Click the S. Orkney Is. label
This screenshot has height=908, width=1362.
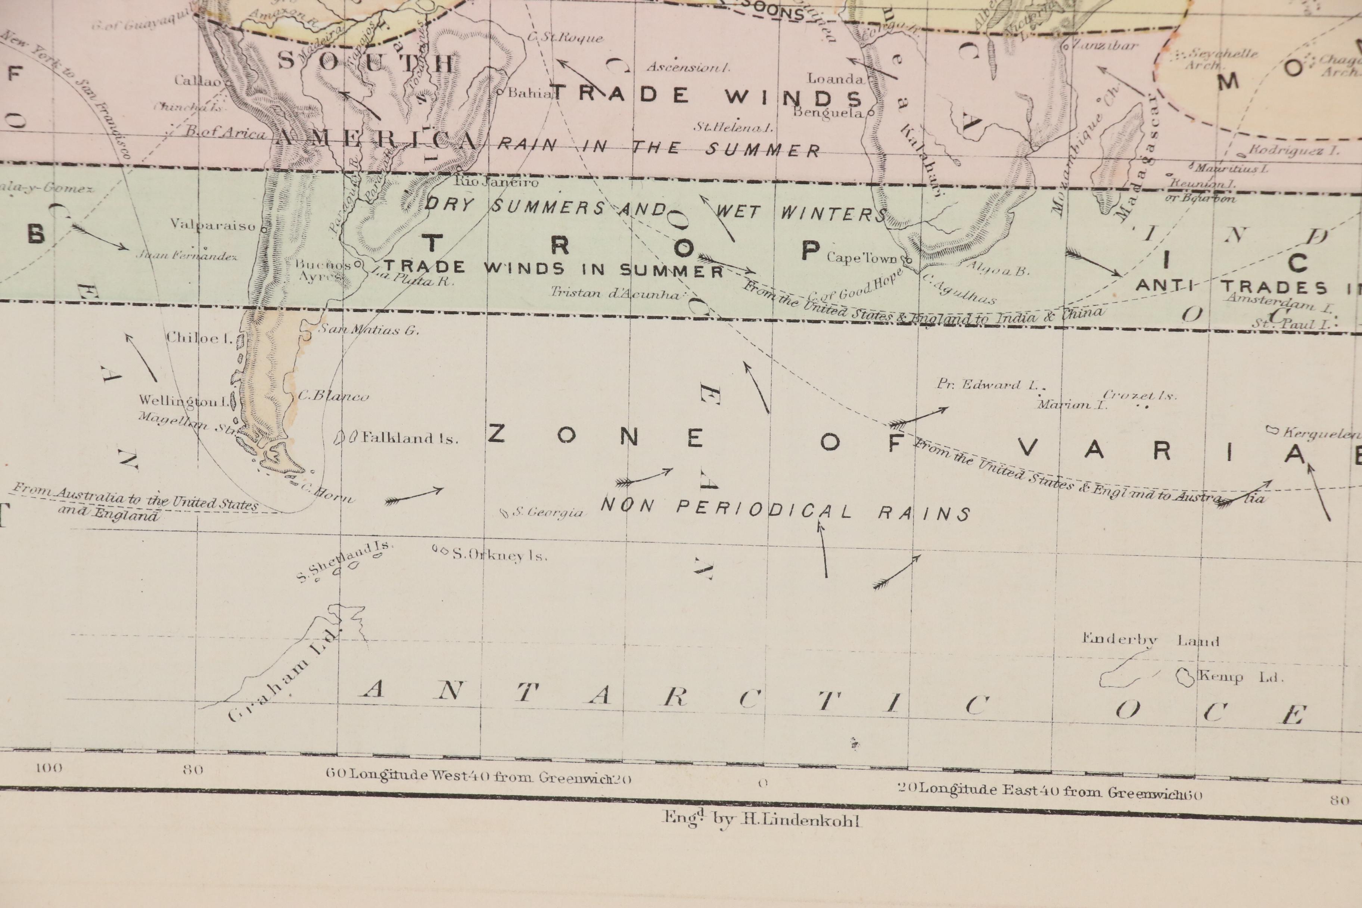pos(498,555)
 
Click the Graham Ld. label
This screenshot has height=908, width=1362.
pos(284,675)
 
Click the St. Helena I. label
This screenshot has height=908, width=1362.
pos(734,127)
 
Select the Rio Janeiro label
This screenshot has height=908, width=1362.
pos(496,181)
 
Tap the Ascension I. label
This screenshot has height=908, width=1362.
pos(687,67)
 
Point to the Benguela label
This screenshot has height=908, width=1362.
pos(828,112)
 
